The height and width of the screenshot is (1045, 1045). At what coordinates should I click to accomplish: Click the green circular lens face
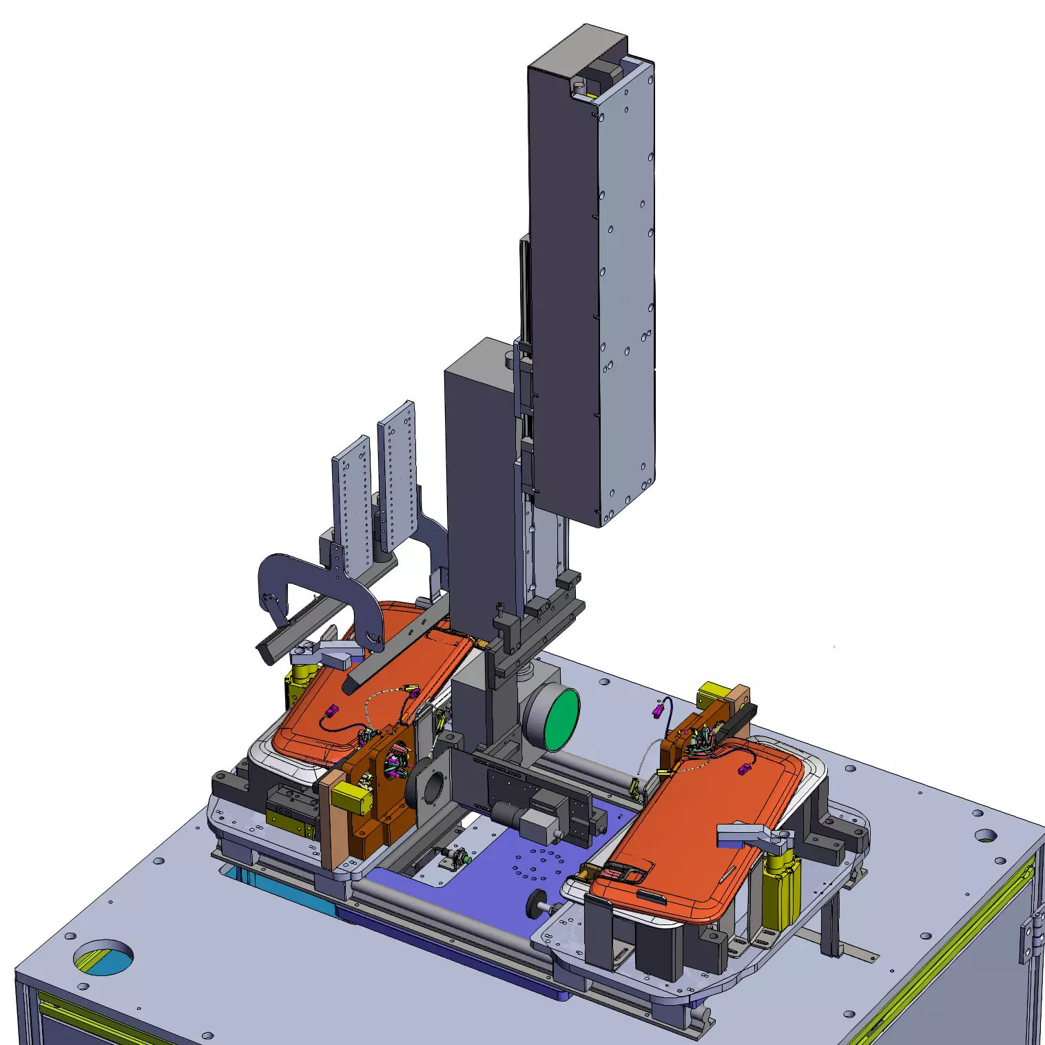point(561,721)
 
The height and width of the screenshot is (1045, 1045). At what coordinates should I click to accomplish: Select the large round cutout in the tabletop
point(103,957)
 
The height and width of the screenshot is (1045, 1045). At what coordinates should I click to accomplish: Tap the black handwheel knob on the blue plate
point(535,905)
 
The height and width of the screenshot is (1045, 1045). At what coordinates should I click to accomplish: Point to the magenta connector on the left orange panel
point(331,711)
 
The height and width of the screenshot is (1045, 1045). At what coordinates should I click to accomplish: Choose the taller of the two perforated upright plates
point(398,475)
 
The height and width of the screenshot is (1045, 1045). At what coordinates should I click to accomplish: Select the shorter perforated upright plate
point(353,503)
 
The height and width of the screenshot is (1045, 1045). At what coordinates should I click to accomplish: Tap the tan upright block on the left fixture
point(333,820)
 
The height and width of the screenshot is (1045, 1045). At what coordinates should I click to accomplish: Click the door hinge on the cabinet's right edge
point(1028,937)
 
